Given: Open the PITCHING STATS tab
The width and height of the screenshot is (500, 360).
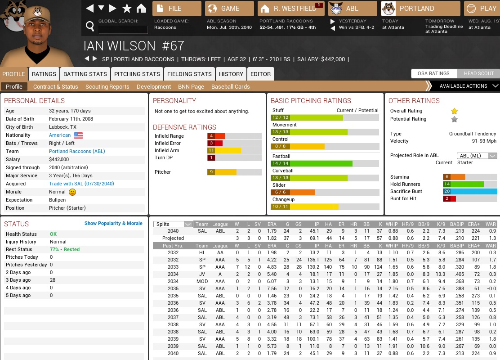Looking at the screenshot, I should click(137, 74).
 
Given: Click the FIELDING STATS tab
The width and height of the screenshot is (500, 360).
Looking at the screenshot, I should click(189, 74).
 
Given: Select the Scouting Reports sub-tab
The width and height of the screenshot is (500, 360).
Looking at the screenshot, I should click(107, 86).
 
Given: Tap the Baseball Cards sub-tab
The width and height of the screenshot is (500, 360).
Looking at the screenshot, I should click(230, 86).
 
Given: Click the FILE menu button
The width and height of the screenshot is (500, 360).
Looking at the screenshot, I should click(177, 9).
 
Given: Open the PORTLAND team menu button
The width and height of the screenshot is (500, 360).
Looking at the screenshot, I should click(420, 9).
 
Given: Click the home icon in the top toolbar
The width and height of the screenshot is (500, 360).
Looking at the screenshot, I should click(141, 9).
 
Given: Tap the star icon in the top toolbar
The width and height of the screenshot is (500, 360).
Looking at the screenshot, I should click(127, 9).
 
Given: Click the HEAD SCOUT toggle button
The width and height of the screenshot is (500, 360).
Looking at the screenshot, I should click(478, 73).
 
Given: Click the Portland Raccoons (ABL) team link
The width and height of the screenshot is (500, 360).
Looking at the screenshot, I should click(77, 151).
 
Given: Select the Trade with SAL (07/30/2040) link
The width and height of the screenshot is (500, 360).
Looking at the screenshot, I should click(81, 184).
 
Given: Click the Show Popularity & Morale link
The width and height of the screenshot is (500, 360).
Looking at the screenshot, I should click(113, 223).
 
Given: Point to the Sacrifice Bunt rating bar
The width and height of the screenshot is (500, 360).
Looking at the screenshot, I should click(470, 191).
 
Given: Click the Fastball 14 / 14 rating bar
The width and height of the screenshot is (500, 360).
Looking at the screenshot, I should click(325, 163).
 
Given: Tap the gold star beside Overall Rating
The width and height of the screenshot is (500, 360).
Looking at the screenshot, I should click(455, 111).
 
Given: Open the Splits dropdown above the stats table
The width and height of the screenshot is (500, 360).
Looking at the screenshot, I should click(173, 224).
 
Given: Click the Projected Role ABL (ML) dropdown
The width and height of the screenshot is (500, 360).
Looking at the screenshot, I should click(477, 156).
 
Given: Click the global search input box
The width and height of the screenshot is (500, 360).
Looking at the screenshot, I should click(123, 30).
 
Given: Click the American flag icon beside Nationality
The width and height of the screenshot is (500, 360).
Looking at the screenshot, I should click(78, 135).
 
